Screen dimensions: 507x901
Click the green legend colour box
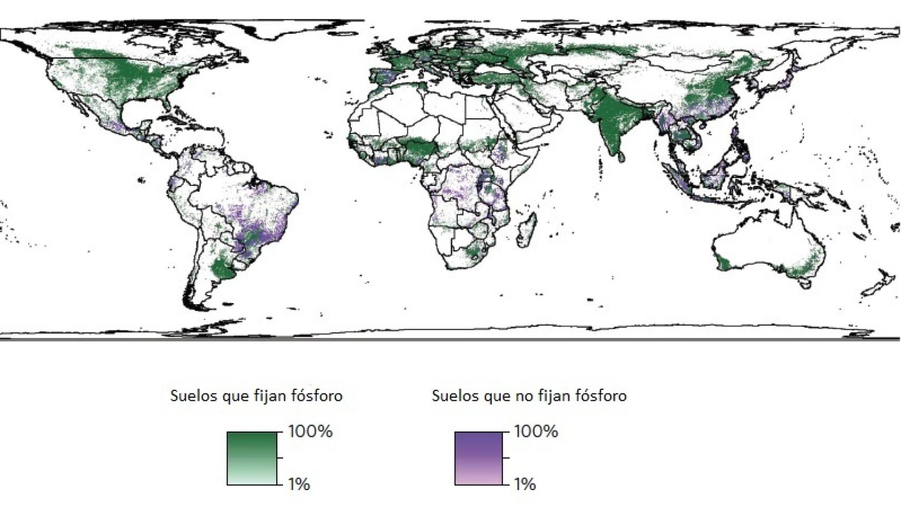click(252, 458)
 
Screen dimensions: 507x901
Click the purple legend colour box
click(479, 458)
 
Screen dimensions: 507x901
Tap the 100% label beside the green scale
click(310, 431)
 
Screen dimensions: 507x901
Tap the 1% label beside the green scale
click(299, 484)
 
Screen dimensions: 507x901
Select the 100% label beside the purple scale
click(536, 431)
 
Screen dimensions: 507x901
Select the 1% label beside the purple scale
click(525, 484)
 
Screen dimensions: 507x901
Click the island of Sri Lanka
click(622, 156)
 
